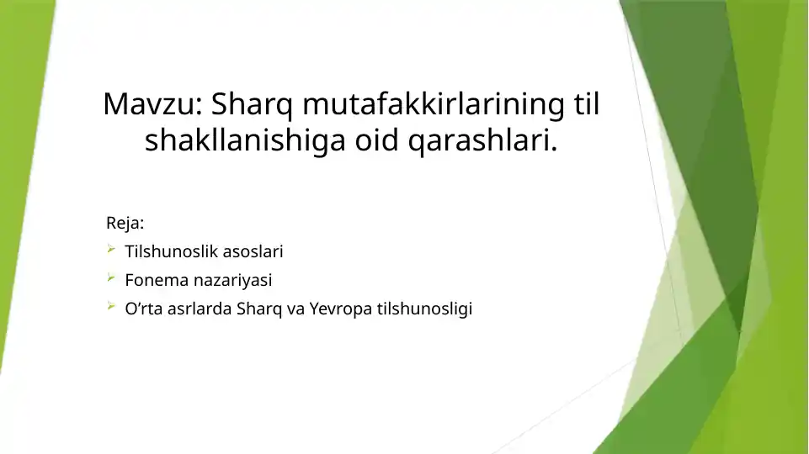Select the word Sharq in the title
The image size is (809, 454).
click(250, 105)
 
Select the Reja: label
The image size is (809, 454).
click(125, 224)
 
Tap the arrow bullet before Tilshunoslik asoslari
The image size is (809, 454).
click(111, 250)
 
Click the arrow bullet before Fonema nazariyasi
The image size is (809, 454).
click(111, 278)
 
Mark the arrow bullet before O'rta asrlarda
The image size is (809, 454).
click(111, 307)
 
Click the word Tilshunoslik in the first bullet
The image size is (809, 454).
click(165, 251)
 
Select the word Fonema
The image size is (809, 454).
click(153, 280)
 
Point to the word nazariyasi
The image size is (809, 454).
click(229, 280)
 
